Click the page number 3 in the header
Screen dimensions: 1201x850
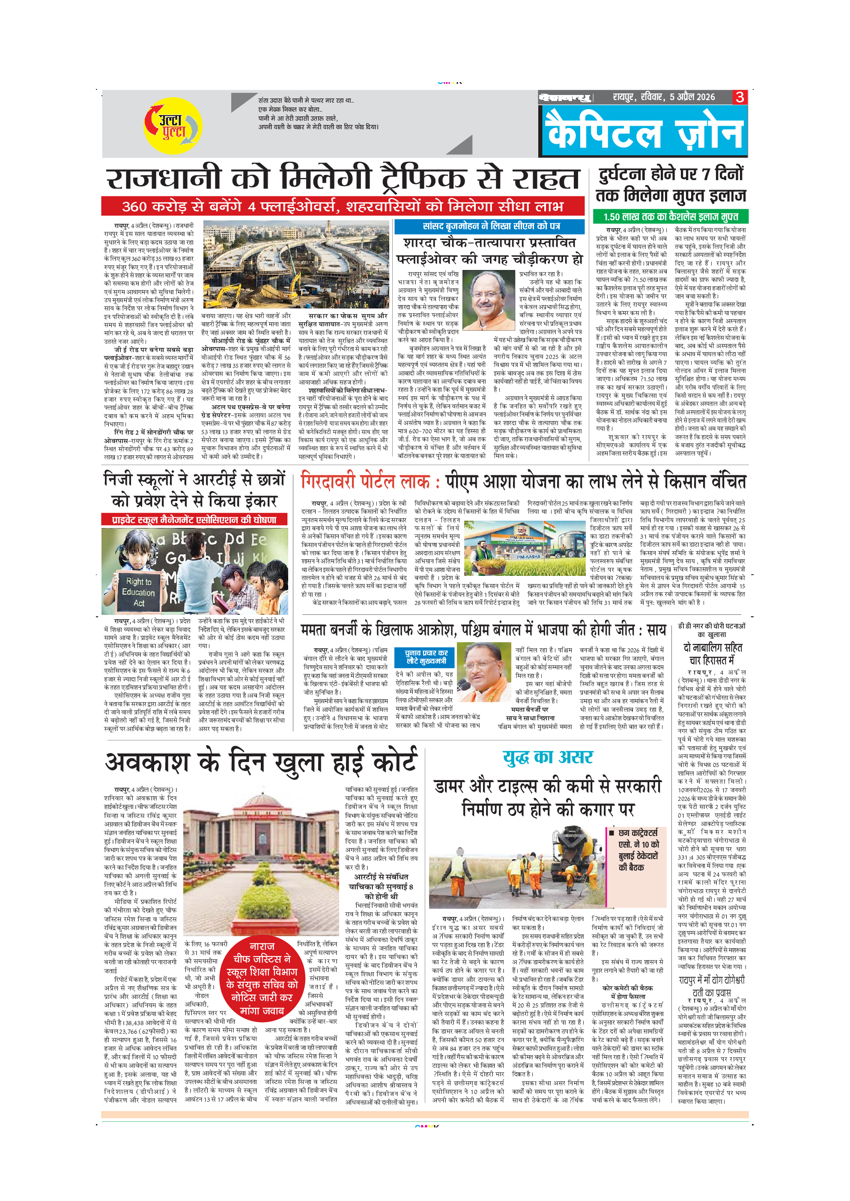[x=740, y=97]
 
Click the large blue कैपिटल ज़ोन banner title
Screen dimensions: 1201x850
[x=644, y=132]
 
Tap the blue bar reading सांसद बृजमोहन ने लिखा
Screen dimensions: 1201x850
[x=489, y=226]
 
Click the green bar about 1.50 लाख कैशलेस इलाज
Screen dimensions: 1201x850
[x=670, y=216]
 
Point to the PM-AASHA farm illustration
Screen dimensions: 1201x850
[x=525, y=548]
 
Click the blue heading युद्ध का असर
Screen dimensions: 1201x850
[x=548, y=757]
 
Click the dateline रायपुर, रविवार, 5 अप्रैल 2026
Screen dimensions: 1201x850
[x=663, y=97]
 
